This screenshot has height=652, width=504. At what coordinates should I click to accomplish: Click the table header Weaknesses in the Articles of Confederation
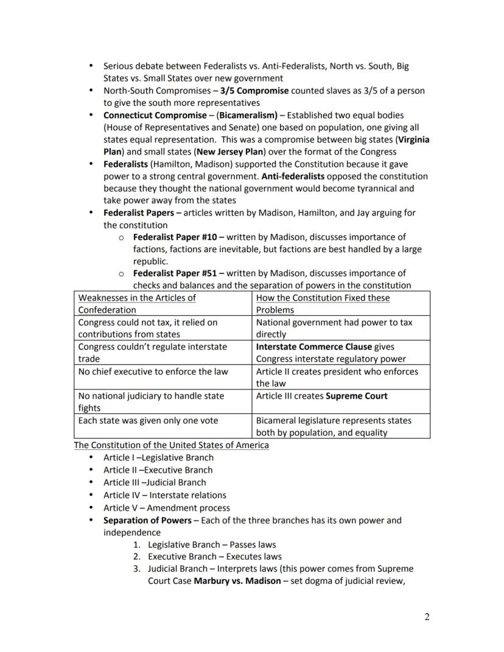click(137, 303)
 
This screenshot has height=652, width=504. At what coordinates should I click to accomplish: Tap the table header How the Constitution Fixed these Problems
click(323, 303)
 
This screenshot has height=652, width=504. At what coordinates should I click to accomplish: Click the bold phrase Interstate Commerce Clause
click(313, 347)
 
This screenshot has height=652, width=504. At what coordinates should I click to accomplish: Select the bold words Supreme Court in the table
click(356, 396)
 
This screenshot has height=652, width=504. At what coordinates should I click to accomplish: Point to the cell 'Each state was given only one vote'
click(148, 421)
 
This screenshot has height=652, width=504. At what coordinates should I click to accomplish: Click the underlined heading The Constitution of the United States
click(171, 445)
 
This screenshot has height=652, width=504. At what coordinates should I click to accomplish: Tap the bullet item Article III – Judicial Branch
click(155, 483)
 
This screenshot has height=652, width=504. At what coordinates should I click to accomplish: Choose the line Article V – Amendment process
click(166, 508)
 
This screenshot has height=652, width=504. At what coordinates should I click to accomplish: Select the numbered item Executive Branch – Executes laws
click(214, 556)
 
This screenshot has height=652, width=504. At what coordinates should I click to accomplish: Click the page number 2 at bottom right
click(427, 617)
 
